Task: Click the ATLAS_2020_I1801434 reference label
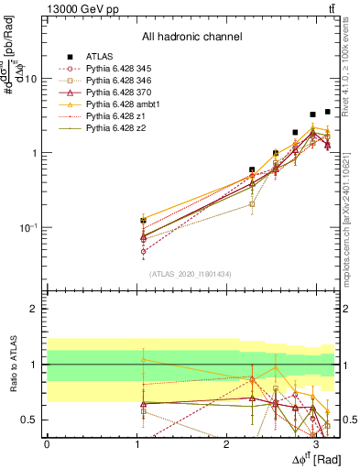click(x=191, y=274)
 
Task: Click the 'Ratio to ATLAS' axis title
click(x=13, y=365)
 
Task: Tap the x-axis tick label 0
click(x=47, y=443)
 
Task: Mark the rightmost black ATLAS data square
click(x=327, y=112)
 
